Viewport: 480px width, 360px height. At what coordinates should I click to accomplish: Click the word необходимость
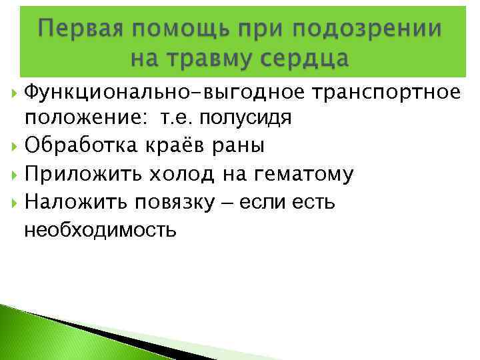pyautogui.click(x=100, y=231)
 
